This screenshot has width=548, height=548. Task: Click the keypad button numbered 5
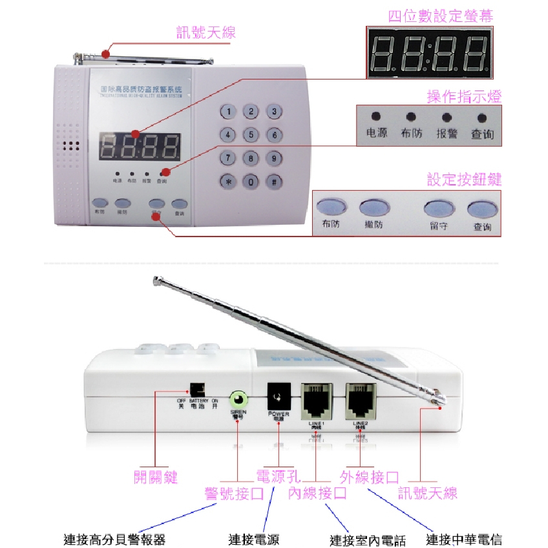(250, 135)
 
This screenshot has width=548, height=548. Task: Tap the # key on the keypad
(274, 182)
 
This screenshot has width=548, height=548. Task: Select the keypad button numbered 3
(274, 112)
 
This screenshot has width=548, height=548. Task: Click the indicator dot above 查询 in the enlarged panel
(481, 118)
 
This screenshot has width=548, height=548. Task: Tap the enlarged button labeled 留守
(437, 209)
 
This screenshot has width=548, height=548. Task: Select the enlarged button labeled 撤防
(375, 207)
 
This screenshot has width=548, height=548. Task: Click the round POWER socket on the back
(279, 395)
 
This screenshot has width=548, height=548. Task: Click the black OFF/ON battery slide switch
(197, 390)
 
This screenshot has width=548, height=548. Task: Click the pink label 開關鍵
(155, 478)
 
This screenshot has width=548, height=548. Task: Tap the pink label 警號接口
(233, 494)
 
